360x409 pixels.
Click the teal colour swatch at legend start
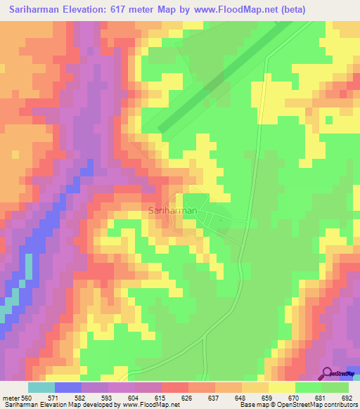click(x=41, y=387)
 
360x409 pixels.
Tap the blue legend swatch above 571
click(x=68, y=387)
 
